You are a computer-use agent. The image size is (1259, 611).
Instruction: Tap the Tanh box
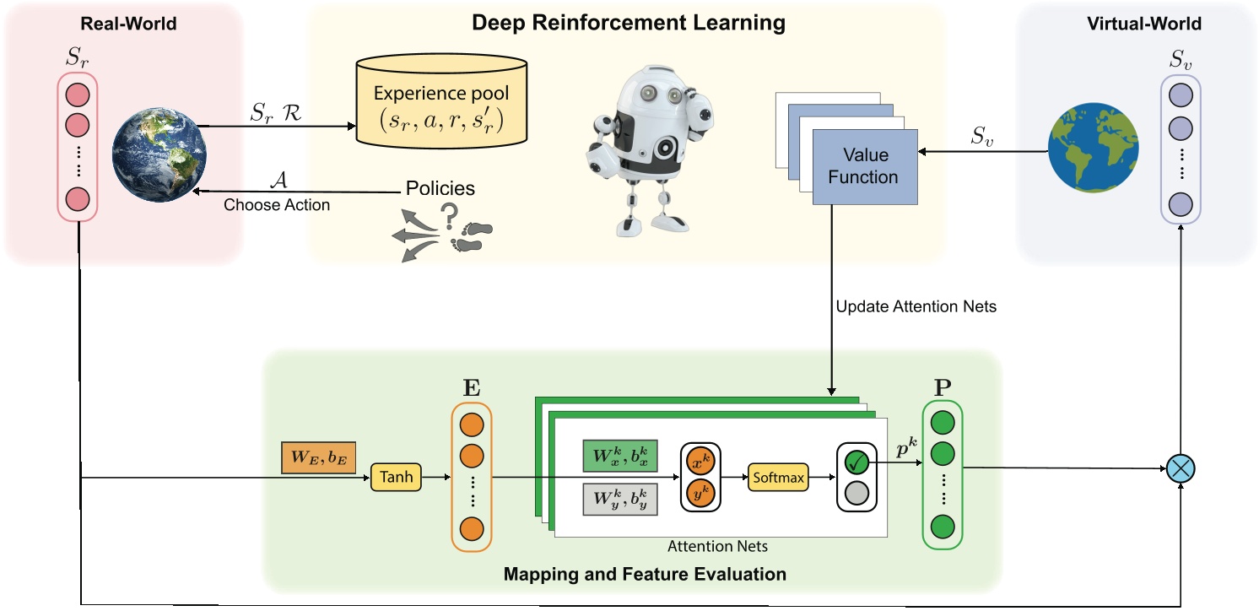point(396,477)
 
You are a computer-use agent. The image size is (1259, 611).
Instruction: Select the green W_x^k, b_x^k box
point(620,455)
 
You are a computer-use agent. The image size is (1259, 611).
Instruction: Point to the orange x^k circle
point(700,464)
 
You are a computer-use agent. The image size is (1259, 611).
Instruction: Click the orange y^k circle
point(700,492)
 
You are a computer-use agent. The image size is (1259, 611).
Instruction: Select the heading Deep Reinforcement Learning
point(628,22)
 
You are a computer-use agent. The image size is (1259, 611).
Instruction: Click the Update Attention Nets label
point(916,306)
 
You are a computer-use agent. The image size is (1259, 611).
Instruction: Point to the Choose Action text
point(276,205)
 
